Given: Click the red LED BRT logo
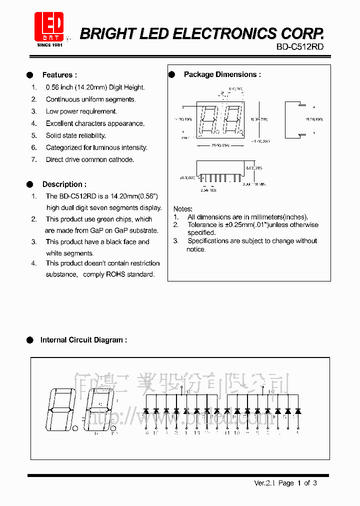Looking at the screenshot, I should [49, 28].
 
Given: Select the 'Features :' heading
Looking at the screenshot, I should [59, 75].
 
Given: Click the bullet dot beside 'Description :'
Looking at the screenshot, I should [29, 184].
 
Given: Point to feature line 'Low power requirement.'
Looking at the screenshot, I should [81, 111].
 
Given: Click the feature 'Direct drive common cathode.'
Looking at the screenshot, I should [90, 159].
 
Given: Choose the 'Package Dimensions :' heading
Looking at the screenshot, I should [222, 74].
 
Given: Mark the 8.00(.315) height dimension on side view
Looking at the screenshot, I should [254, 168].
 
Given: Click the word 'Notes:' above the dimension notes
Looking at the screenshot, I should [183, 208].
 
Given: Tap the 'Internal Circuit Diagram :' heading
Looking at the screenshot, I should [83, 340].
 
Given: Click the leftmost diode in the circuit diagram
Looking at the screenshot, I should [146, 410].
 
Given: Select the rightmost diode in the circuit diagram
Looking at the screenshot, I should [298, 410].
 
